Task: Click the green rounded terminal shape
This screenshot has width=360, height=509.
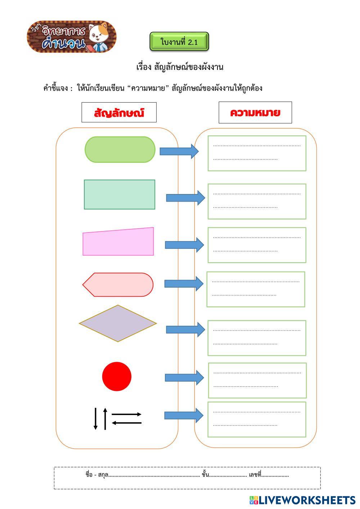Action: point(120,149)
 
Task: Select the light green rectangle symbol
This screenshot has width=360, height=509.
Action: point(120,194)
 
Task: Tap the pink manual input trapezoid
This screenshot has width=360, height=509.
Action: point(118,242)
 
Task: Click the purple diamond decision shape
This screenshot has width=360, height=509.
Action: point(118,323)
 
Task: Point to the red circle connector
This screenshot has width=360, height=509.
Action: point(117,377)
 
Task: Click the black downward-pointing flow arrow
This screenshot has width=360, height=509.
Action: point(95,419)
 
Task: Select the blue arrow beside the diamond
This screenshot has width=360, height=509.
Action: point(185,329)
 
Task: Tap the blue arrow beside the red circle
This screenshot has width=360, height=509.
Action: point(184,378)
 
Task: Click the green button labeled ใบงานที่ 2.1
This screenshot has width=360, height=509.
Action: point(179,42)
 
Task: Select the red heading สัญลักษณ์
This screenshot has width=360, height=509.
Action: point(119,113)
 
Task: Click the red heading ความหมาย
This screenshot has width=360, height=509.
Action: point(255,113)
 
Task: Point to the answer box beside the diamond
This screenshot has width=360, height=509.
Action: point(257,338)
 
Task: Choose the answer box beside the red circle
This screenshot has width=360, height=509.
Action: point(257,380)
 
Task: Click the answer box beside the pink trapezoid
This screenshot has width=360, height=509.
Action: point(257,245)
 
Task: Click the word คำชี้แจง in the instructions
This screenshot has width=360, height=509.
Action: point(55,88)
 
